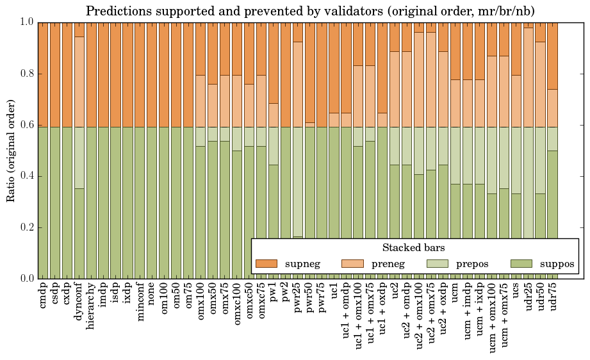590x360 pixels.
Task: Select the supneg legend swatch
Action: coord(266,264)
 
